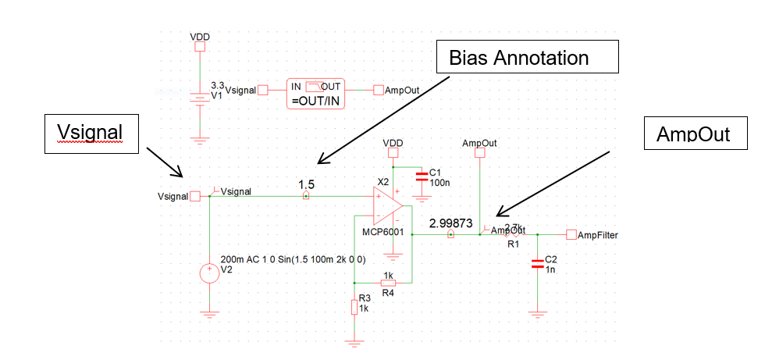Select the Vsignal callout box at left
91,134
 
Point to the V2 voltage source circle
210,273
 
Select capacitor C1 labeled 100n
422,176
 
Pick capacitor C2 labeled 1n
537,263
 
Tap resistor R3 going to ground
355,307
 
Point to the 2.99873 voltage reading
450,223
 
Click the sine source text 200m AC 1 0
294,258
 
